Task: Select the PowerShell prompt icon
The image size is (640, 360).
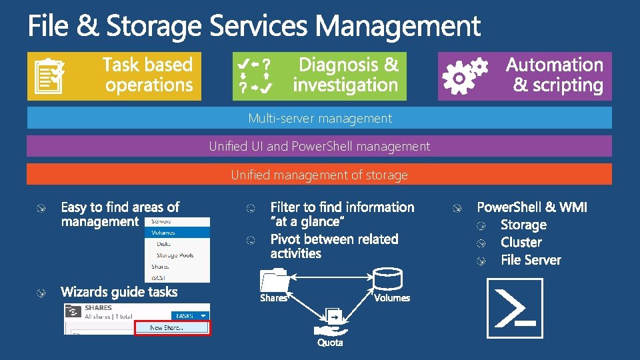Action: [515, 309]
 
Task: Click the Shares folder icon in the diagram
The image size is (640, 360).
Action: [274, 281]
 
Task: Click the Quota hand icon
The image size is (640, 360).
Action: [331, 323]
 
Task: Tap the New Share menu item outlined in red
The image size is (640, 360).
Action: [172, 327]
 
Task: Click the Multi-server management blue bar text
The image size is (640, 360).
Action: [320, 119]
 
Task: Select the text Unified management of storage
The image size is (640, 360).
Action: [319, 175]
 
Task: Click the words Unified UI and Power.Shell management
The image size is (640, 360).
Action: [319, 146]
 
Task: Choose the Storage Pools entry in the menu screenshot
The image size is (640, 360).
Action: [175, 255]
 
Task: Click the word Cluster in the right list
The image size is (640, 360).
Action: [521, 243]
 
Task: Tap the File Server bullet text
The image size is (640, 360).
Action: [531, 260]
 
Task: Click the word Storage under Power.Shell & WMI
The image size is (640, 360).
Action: [523, 225]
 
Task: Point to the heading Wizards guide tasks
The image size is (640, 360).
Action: [119, 292]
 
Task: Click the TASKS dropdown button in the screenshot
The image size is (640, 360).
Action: [190, 316]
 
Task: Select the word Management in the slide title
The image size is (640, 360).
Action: [398, 27]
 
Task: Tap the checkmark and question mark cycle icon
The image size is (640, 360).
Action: [256, 75]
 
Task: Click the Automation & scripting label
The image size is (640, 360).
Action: [555, 75]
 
